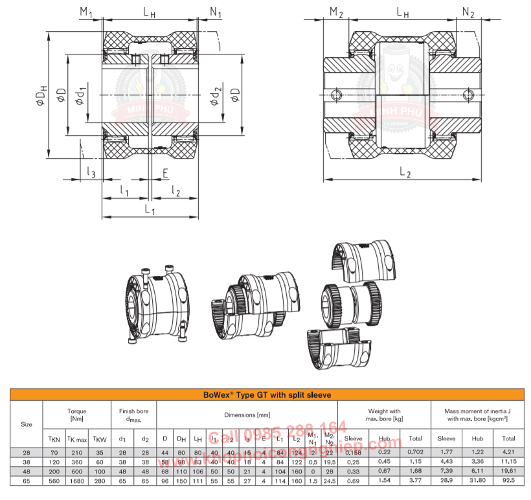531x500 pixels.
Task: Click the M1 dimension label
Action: pyautogui.click(x=85, y=12)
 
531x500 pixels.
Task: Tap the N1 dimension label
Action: pyautogui.click(x=216, y=12)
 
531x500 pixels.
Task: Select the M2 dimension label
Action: pyautogui.click(x=335, y=12)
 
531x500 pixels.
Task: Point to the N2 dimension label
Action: pyautogui.click(x=468, y=12)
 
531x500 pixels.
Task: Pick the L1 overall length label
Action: pyautogui.click(x=150, y=210)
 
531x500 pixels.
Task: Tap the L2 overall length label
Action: pyautogui.click(x=405, y=172)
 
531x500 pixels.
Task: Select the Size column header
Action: pyautogui.click(x=27, y=424)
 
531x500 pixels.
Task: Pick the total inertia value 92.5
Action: pyautogui.click(x=509, y=482)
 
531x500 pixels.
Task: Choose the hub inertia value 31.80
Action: pyautogui.click(x=477, y=482)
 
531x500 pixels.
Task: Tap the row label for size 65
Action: pyautogui.click(x=27, y=482)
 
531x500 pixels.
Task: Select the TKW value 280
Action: pyautogui.click(x=100, y=482)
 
